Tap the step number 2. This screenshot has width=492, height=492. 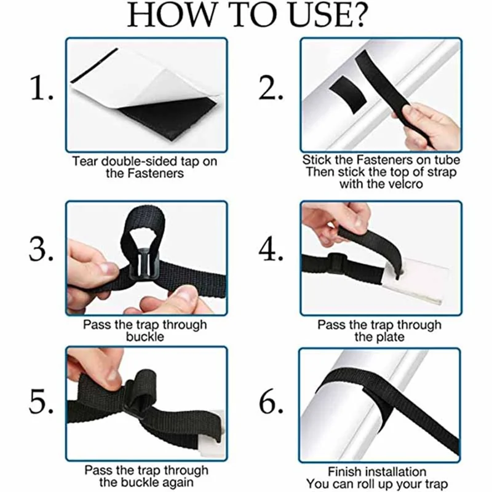(271, 88)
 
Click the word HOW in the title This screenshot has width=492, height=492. (172, 15)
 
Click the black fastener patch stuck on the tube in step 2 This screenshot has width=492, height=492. (347, 93)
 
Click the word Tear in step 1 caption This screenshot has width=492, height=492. (85, 161)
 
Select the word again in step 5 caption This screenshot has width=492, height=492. (177, 483)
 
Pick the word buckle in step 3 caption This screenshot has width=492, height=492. (145, 336)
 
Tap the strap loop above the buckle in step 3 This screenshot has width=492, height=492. (143, 220)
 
